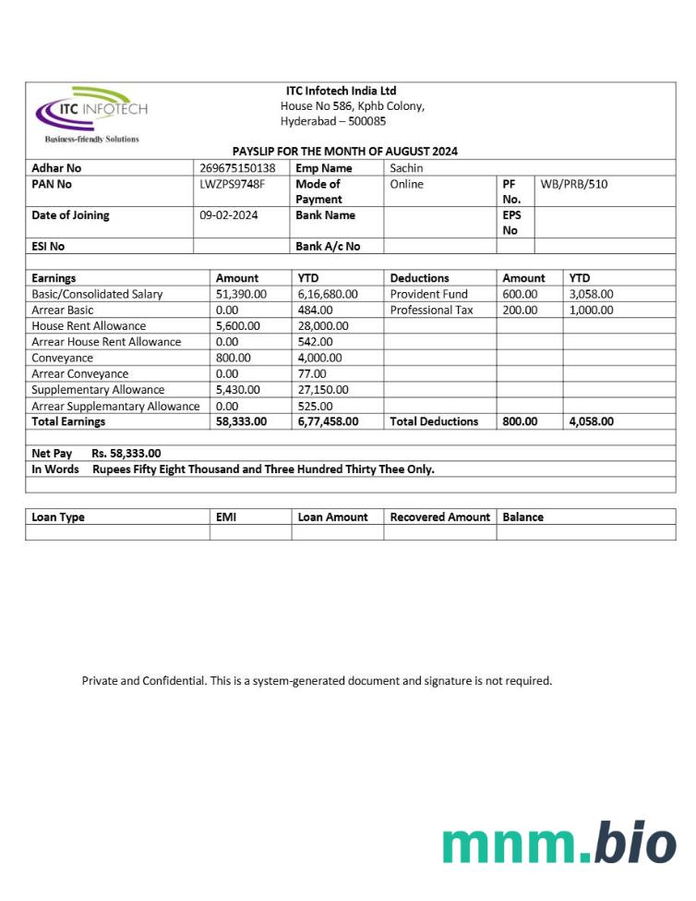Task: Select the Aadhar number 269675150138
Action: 237,168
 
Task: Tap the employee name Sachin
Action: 406,168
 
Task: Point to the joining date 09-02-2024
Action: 229,215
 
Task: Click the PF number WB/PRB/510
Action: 574,184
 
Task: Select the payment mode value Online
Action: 406,184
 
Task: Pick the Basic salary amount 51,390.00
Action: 241,294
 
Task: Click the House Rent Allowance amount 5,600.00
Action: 238,325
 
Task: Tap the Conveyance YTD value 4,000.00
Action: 319,358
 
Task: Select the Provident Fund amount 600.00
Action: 520,294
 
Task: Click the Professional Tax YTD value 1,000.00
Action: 591,310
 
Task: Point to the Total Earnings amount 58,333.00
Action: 241,421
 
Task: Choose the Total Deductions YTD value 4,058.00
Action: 591,421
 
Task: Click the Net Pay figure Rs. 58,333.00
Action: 126,453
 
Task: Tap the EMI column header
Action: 226,517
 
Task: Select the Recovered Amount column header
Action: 439,517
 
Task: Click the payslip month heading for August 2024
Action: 344,152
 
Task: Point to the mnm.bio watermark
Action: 558,843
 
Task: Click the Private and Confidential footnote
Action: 317,681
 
